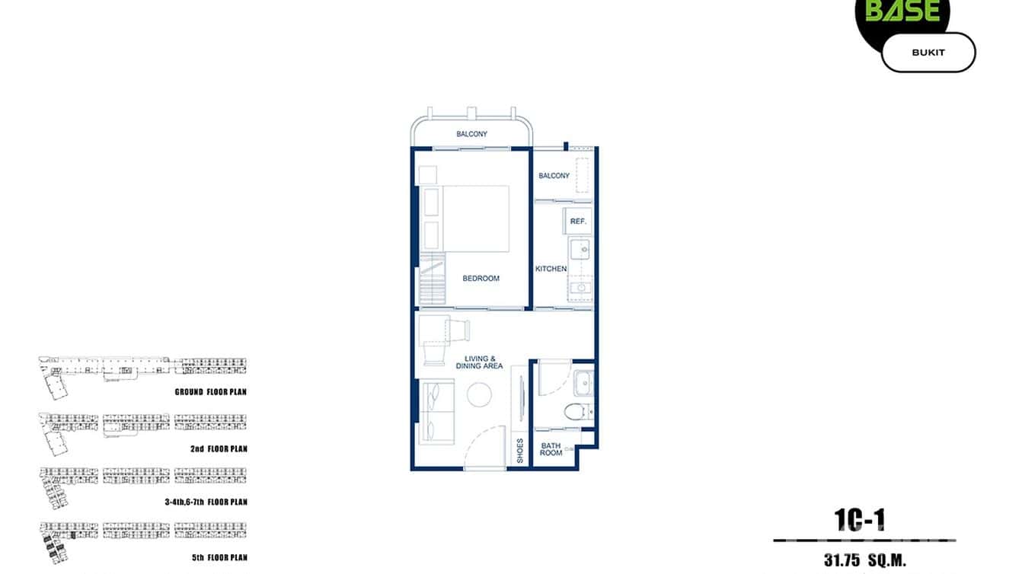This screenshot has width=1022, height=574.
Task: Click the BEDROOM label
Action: click(481, 279)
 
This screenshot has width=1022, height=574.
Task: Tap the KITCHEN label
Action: click(551, 269)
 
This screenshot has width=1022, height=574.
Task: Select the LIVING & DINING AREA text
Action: click(481, 362)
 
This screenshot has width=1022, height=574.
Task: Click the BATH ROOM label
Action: click(551, 449)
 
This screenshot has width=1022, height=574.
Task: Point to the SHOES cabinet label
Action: click(520, 451)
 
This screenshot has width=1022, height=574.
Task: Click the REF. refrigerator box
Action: click(577, 222)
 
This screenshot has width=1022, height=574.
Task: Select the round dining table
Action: click(480, 394)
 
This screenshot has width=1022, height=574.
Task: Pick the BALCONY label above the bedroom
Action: click(471, 135)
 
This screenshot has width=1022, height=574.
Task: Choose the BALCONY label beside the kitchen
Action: click(554, 176)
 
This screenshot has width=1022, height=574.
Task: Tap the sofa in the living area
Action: click(437, 412)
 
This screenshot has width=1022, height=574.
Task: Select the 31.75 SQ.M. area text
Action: click(864, 561)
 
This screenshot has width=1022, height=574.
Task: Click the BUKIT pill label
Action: click(928, 53)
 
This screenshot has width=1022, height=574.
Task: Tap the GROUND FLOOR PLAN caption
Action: click(211, 392)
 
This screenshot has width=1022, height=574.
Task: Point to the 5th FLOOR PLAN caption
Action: click(219, 558)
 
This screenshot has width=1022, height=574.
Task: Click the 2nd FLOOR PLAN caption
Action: click(219, 449)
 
